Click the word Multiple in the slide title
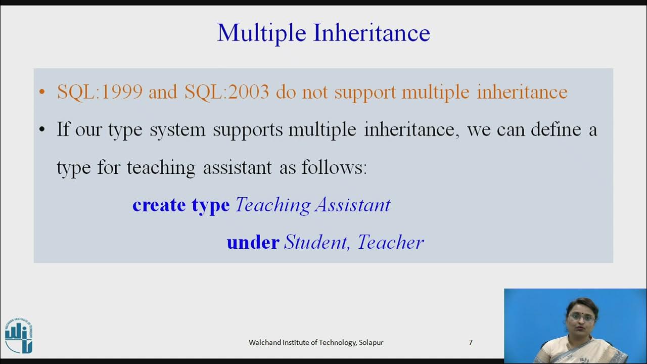pyautogui.click(x=262, y=33)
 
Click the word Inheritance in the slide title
pyautogui.click(x=372, y=33)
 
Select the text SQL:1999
pyautogui.click(x=100, y=92)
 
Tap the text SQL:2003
pyautogui.click(x=227, y=92)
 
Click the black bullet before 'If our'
pyautogui.click(x=42, y=130)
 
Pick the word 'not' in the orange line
pyautogui.click(x=315, y=92)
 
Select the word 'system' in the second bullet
pyautogui.click(x=177, y=130)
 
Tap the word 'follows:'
pyautogui.click(x=334, y=167)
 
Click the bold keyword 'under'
pyautogui.click(x=253, y=242)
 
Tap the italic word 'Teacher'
pyautogui.click(x=391, y=242)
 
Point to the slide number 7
pyautogui.click(x=471, y=342)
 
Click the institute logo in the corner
pyautogui.click(x=19, y=336)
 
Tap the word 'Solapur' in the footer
pyautogui.click(x=371, y=342)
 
